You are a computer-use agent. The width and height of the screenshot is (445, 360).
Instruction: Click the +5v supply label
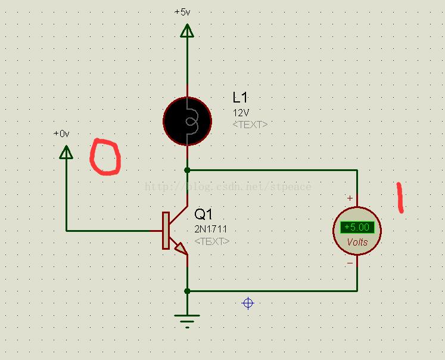pos(182,12)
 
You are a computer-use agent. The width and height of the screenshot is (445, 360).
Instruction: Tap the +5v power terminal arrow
pos(187,30)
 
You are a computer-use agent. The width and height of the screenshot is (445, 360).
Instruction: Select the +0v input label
pos(61,134)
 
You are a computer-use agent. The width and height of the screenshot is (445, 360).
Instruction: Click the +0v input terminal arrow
pos(66,152)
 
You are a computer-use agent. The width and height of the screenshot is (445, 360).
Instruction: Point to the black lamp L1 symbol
pos(187,121)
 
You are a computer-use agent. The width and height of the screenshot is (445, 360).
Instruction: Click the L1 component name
pos(240,97)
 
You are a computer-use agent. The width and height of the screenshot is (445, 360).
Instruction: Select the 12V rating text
pos(241,113)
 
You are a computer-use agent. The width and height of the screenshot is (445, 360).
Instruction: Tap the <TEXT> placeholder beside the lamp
pos(250,125)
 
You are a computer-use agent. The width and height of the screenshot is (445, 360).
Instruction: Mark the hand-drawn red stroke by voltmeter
pos(400,197)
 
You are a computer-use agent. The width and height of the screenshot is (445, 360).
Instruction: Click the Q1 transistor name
pos(203,214)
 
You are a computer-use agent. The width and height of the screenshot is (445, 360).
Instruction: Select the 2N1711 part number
pos(210,229)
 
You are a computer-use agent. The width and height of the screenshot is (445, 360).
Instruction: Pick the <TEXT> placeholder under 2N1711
pos(212,241)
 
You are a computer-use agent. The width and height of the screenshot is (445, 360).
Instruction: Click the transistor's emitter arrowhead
pos(181,249)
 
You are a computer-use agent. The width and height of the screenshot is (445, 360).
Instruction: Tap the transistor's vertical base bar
pos(166,231)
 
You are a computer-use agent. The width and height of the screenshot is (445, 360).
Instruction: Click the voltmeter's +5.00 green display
pos(357,227)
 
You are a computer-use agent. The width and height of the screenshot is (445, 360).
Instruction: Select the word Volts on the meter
pos(357,242)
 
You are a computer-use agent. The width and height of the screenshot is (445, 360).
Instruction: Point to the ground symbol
pos(187,321)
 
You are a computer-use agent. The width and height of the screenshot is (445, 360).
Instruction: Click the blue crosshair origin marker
pos(248,303)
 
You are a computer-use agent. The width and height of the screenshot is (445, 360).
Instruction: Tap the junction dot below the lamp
pos(187,170)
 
